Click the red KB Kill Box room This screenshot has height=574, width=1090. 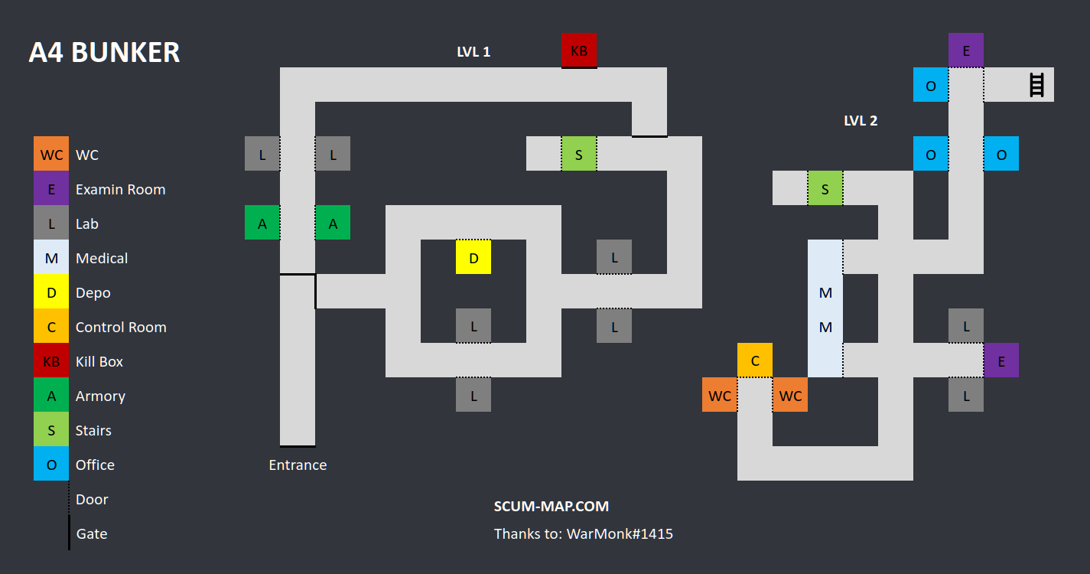tap(579, 51)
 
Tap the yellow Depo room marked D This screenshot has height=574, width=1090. tap(473, 257)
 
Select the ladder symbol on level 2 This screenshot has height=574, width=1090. tap(1036, 84)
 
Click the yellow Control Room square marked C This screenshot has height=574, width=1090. tap(755, 360)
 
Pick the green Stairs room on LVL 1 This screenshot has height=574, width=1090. tap(579, 154)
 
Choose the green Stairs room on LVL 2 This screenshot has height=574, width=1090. tap(825, 188)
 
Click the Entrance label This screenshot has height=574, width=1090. tap(298, 465)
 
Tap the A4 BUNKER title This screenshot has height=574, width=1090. tap(104, 52)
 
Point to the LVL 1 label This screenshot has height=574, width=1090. tap(473, 52)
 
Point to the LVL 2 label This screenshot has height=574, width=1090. tap(861, 120)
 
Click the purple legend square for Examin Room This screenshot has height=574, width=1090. tap(51, 189)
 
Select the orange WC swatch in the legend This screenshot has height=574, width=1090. tap(51, 155)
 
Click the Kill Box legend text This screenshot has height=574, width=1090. tap(99, 361)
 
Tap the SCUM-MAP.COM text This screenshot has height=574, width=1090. tap(552, 506)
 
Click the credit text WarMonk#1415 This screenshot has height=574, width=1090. tap(620, 533)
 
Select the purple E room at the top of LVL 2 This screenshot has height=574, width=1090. tap(966, 51)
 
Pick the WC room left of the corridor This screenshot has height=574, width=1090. tap(720, 395)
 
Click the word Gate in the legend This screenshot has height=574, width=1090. tap(92, 533)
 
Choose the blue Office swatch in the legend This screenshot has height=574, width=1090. tap(51, 465)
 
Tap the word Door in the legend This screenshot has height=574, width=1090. tap(92, 499)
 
